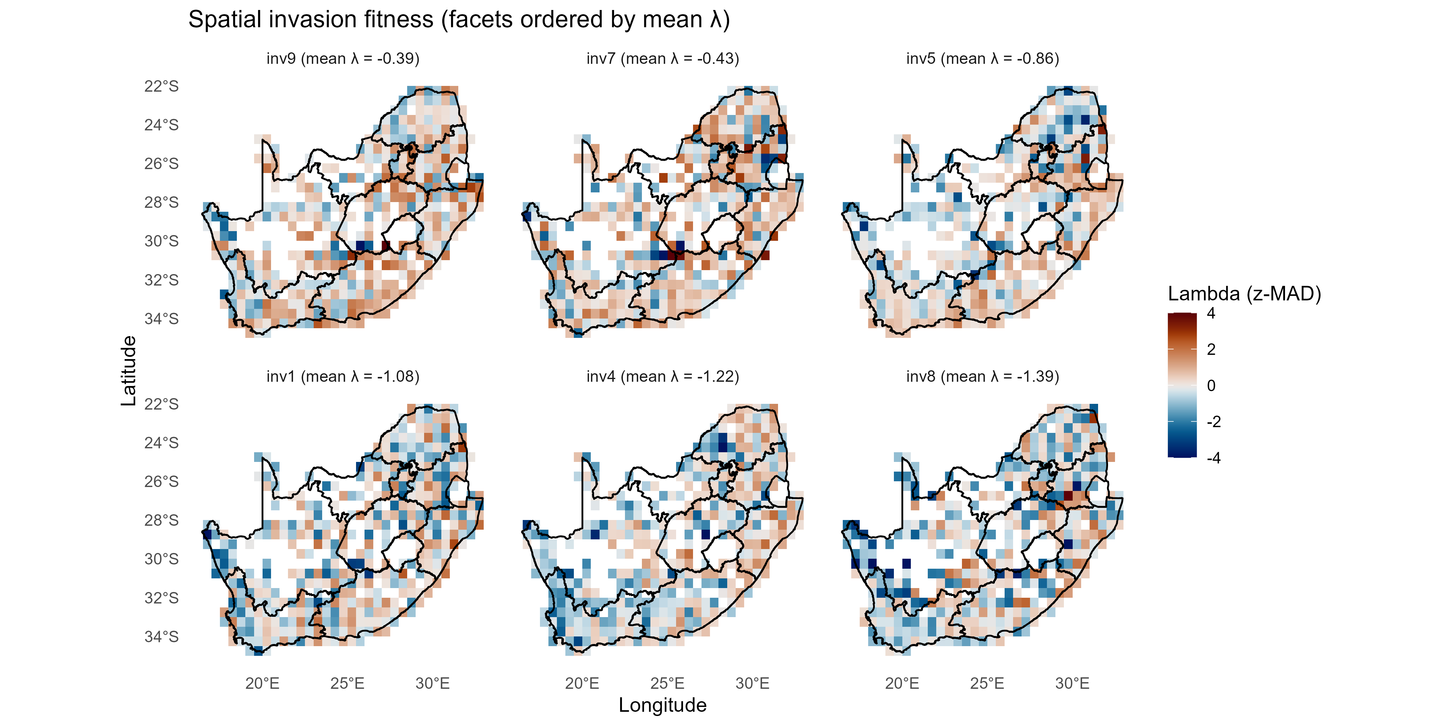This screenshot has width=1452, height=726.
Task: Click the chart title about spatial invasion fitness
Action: point(459,20)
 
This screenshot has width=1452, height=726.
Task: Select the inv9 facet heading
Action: point(343,59)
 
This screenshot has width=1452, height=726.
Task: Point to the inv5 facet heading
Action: point(983,59)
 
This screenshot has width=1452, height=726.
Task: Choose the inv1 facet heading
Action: point(343,377)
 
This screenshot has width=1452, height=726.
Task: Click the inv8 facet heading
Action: point(983,377)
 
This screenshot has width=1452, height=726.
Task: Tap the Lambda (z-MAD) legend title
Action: point(1244,294)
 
